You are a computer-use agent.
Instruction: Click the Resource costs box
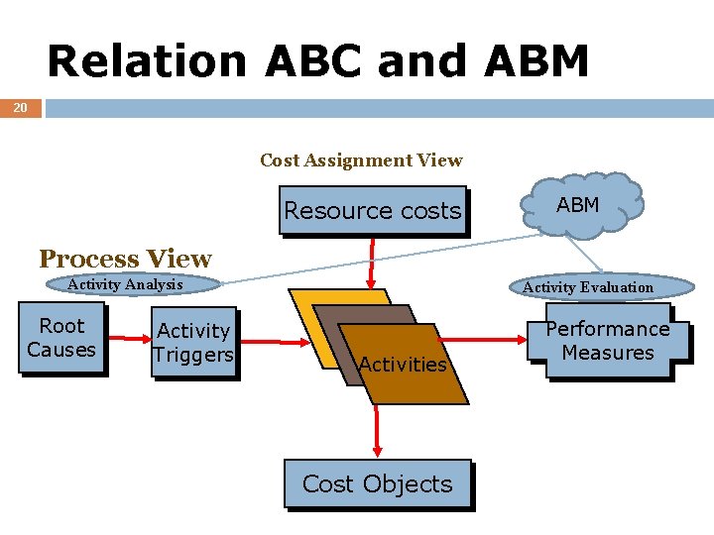coord(372,210)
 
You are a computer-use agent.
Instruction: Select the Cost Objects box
coord(377,483)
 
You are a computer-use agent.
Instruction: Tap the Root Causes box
coord(60,339)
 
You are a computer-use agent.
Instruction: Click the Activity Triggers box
coord(193,343)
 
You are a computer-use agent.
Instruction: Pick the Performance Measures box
coord(608,341)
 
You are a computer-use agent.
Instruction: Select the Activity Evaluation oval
coord(588,287)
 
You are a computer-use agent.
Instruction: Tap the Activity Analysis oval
coord(126,285)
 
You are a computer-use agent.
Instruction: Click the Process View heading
coord(125,259)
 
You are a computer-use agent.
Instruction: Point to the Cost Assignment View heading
coord(361,160)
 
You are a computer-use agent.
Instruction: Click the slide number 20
coord(21,107)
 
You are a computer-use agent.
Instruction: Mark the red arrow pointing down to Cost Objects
coord(377,431)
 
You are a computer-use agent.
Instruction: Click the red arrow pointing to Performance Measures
coord(502,343)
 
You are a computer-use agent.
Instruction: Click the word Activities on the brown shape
coord(403,365)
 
